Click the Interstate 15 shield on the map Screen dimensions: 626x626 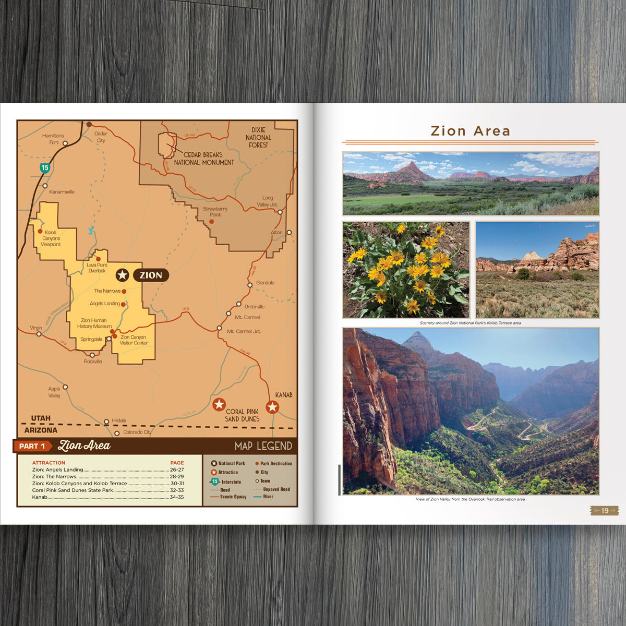pyautogui.click(x=45, y=167)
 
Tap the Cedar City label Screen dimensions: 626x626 pyautogui.click(x=101, y=137)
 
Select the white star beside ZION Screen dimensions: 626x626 pyautogui.click(x=122, y=275)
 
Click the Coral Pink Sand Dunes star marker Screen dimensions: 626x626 pyautogui.click(x=219, y=404)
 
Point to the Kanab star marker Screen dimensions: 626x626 pyautogui.click(x=272, y=407)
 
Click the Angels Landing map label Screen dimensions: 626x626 pyautogui.click(x=105, y=304)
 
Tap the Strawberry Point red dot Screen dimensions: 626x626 pyautogui.click(x=212, y=222)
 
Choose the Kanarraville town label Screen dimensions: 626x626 pyautogui.click(x=62, y=192)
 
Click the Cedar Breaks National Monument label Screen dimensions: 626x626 pyautogui.click(x=204, y=159)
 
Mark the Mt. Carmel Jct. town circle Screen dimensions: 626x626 pyautogui.click(x=219, y=328)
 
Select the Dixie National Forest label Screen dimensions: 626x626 pyautogui.click(x=258, y=137)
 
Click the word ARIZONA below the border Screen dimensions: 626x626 pyautogui.click(x=41, y=430)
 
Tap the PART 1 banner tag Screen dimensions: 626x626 pyautogui.click(x=32, y=446)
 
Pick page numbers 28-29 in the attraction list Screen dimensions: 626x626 pyautogui.click(x=177, y=476)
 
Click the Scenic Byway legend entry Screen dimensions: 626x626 pyautogui.click(x=233, y=497)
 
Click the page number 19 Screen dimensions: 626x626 pyautogui.click(x=605, y=511)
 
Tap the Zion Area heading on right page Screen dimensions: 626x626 pyautogui.click(x=470, y=131)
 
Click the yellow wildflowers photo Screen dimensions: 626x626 pyautogui.click(x=406, y=270)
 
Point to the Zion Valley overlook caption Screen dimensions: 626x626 pyautogui.click(x=470, y=499)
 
